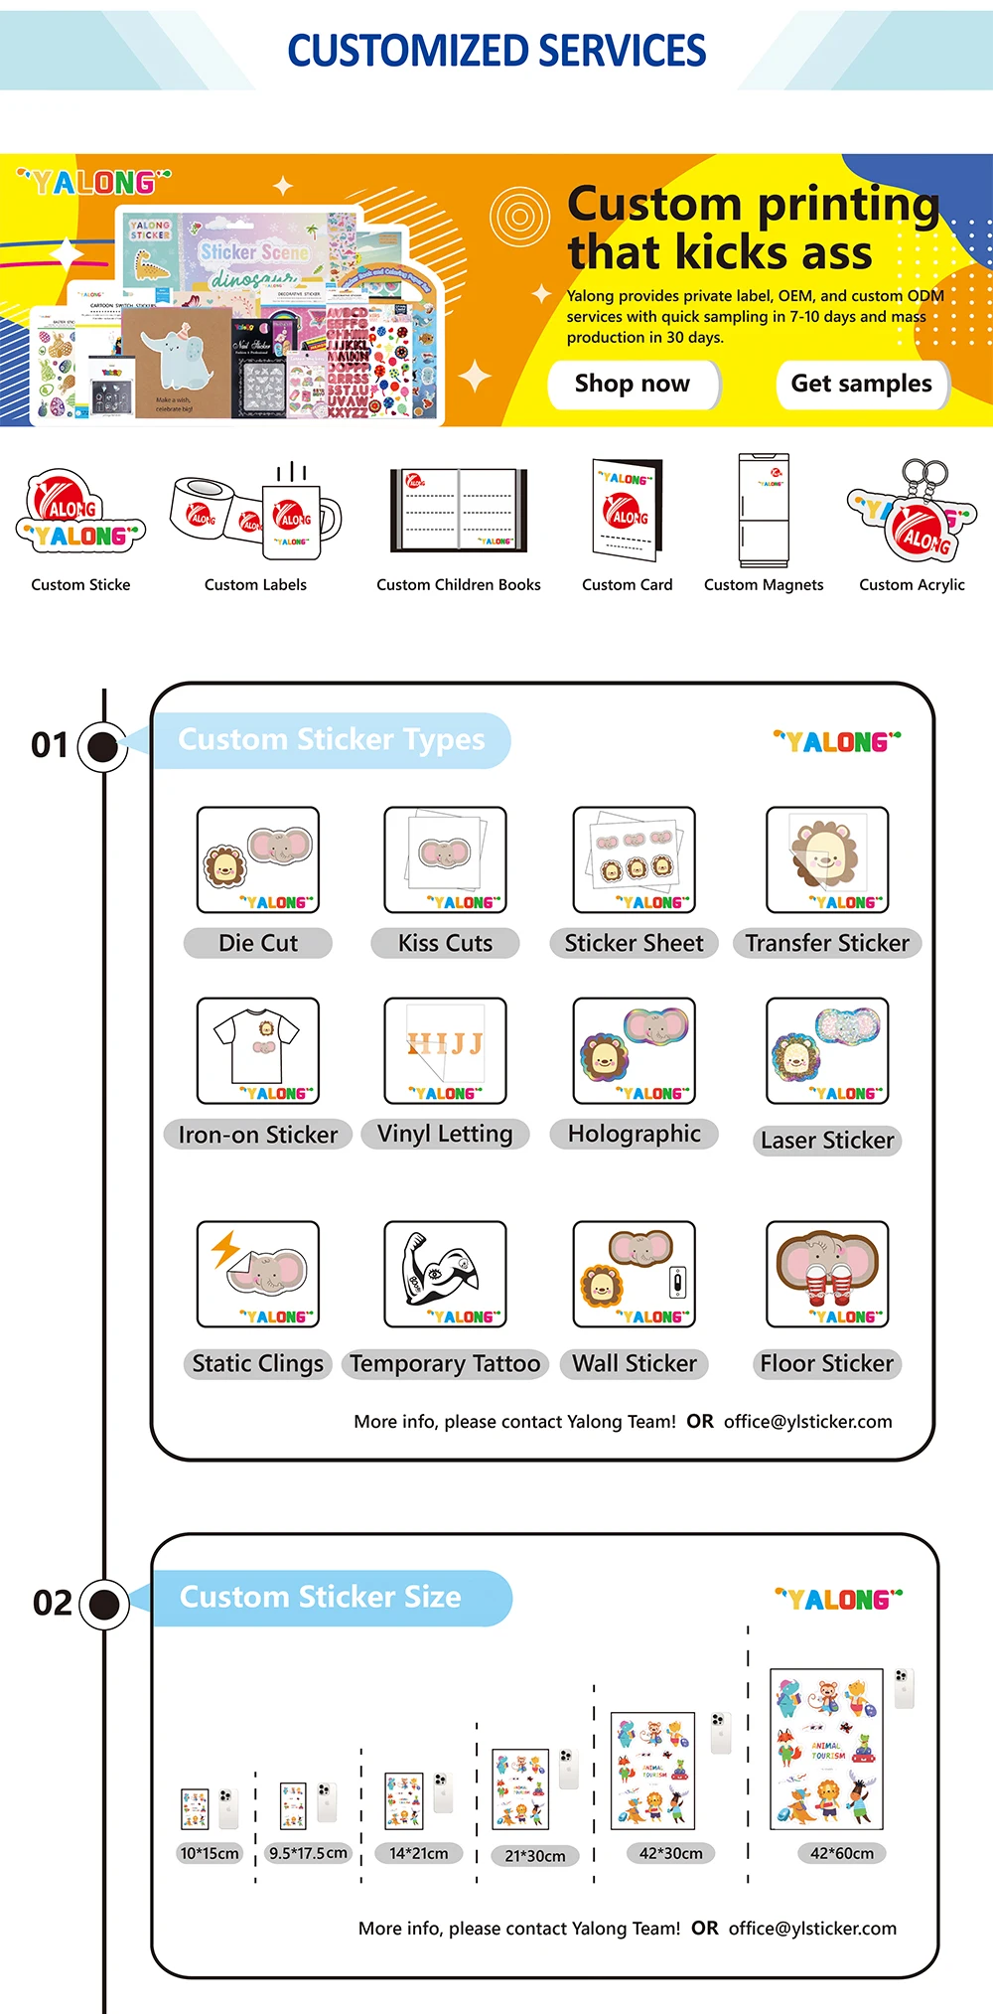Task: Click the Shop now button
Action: [x=633, y=384]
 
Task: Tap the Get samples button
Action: [x=861, y=384]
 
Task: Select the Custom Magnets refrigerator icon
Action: [x=763, y=511]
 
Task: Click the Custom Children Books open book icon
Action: [x=459, y=510]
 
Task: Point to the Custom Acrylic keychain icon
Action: [x=913, y=511]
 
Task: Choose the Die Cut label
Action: [x=258, y=943]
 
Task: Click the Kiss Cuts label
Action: [x=445, y=943]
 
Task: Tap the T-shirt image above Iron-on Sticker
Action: [x=258, y=1048]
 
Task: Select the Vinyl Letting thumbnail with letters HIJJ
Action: [x=445, y=1049]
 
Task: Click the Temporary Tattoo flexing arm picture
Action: [x=445, y=1271]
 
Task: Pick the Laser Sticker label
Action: [x=827, y=1141]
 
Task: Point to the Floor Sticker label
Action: [x=827, y=1363]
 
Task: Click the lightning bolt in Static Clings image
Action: [x=225, y=1249]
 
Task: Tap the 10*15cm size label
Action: [x=210, y=1853]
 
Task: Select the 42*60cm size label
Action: [x=842, y=1853]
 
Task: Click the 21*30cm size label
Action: [x=535, y=1855]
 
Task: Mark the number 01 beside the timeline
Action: [x=50, y=745]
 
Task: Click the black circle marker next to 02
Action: [x=103, y=1604]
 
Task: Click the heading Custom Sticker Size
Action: [x=320, y=1597]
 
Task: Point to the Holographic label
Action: [x=635, y=1134]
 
